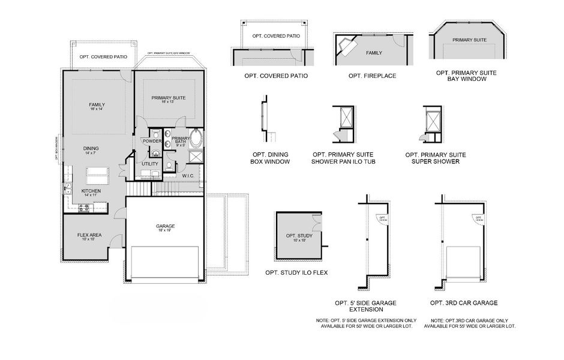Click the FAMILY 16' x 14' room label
(x=97, y=107)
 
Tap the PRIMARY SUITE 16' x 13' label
(x=168, y=100)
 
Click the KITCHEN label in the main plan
(x=91, y=193)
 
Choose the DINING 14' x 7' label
(x=91, y=150)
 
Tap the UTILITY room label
(x=150, y=163)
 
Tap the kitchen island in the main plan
(x=97, y=176)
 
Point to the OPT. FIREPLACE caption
(x=371, y=76)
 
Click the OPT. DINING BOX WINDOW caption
(x=269, y=158)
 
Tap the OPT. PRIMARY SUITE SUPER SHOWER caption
(x=435, y=158)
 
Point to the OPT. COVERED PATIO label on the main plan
(x=103, y=57)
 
